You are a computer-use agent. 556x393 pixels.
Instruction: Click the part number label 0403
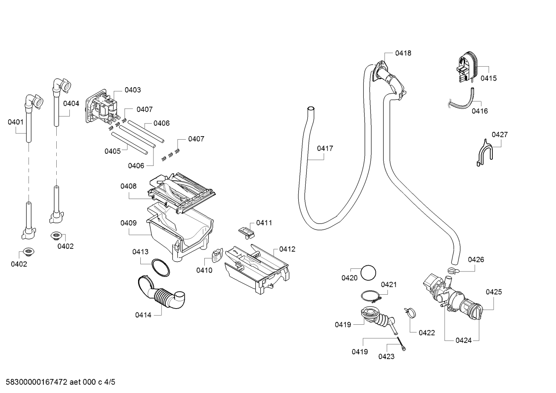point(133,90)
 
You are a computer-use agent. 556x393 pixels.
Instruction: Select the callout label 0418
point(403,53)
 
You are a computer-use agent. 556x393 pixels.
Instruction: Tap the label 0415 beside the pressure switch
point(489,78)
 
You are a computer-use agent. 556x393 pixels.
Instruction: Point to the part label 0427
point(500,135)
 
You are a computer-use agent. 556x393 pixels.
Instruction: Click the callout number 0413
point(140,252)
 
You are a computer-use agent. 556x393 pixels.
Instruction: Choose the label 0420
point(349,278)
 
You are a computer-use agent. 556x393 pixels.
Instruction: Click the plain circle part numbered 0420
point(368,273)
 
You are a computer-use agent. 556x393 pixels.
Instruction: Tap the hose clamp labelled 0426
point(453,270)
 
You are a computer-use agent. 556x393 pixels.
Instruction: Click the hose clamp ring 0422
point(410,312)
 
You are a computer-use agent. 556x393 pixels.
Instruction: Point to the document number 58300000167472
point(37,382)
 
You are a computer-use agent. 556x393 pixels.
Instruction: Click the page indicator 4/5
point(110,382)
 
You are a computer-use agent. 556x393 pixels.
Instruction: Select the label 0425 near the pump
point(494,292)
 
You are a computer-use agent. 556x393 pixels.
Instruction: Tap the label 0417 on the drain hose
point(325,148)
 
